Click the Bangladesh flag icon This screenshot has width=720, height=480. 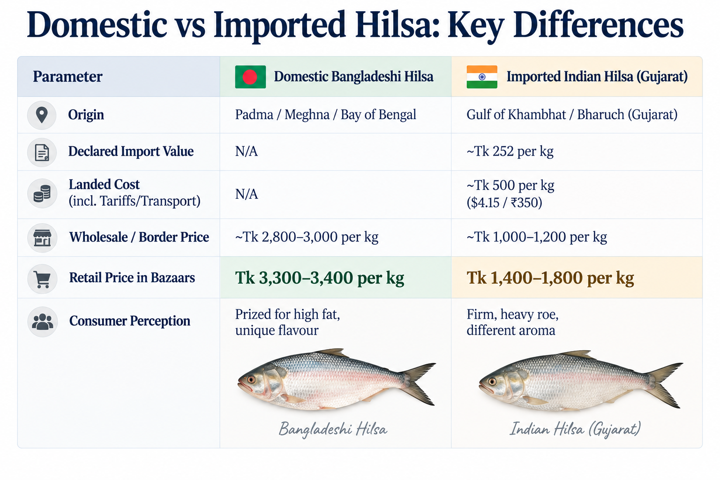tap(250, 77)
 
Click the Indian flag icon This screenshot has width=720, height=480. tap(482, 77)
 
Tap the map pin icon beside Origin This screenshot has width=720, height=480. tap(42, 115)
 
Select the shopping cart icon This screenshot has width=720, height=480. tap(42, 279)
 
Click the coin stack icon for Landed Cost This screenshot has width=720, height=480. tap(42, 193)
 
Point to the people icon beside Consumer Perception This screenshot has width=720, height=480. tap(43, 322)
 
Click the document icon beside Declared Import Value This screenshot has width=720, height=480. tap(42, 152)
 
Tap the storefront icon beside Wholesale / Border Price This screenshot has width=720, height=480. tap(42, 238)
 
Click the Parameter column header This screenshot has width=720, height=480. tap(67, 77)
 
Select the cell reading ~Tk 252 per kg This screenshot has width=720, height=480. tap(510, 151)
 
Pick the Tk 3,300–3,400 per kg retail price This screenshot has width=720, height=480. tap(320, 278)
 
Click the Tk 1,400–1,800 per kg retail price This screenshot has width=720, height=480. tap(550, 278)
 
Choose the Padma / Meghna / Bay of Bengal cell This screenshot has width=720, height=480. tap(326, 115)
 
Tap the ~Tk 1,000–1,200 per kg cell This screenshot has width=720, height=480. tap(537, 237)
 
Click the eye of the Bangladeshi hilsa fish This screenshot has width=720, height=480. tap(251, 380)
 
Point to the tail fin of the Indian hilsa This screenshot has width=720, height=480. tap(664, 385)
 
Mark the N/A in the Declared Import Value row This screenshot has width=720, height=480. tap(246, 151)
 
